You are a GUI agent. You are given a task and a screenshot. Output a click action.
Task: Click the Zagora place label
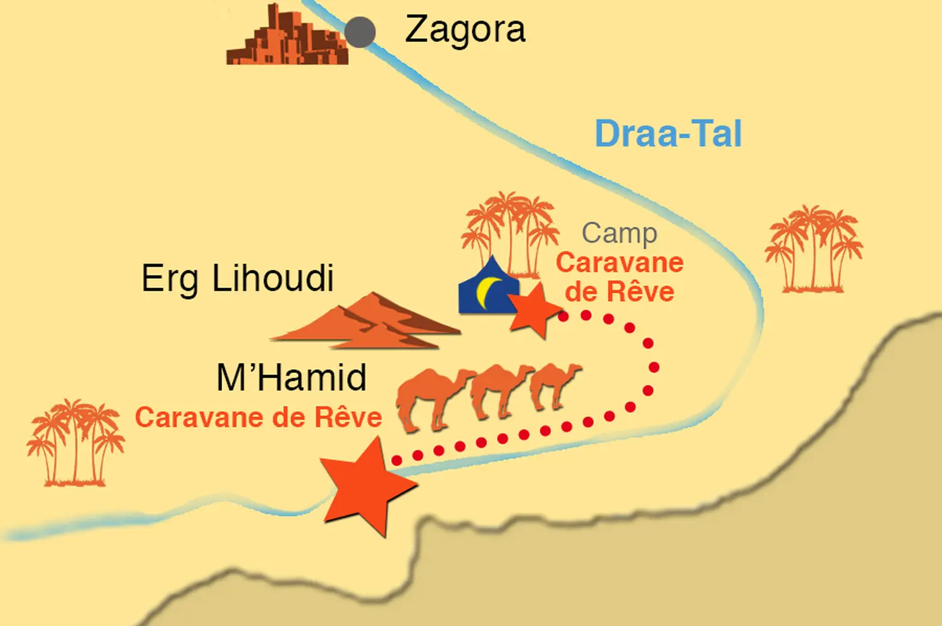(x=465, y=30)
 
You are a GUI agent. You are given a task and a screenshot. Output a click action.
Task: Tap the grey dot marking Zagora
(x=360, y=32)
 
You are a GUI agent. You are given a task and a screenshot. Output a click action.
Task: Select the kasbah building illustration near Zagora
(x=286, y=39)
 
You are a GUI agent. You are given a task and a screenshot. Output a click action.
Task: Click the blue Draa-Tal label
(x=668, y=134)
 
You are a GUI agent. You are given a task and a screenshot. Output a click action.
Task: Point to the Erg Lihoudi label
(x=237, y=278)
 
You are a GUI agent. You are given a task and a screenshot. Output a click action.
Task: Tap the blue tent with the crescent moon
(x=487, y=289)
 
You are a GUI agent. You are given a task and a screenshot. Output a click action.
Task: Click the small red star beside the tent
(x=535, y=310)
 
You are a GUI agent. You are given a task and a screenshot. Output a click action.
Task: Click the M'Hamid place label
(x=291, y=378)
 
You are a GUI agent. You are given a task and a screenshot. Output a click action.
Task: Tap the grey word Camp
(x=619, y=234)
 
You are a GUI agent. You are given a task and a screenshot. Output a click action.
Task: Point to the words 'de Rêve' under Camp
(x=619, y=292)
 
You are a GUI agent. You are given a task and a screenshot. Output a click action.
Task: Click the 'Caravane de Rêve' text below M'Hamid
(x=259, y=418)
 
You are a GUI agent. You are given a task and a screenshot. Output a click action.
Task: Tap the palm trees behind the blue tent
(x=510, y=229)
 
